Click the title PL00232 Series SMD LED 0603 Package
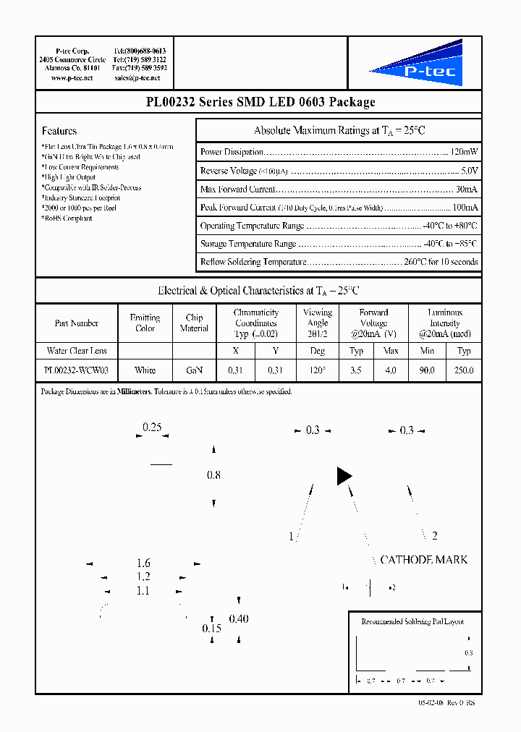click(x=260, y=102)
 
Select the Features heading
click(x=59, y=131)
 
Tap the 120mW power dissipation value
click(x=464, y=153)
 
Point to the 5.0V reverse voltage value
click(x=469, y=171)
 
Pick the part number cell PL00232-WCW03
click(x=76, y=370)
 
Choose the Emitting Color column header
click(x=145, y=323)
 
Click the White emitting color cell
click(x=145, y=370)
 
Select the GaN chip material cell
click(x=194, y=370)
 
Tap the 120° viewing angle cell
click(x=318, y=370)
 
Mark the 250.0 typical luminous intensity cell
click(x=463, y=370)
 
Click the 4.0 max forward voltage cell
click(x=391, y=370)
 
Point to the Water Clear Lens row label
click(x=76, y=351)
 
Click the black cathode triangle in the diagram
click(x=344, y=476)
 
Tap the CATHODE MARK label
click(x=423, y=560)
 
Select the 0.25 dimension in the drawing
click(x=152, y=427)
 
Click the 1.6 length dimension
click(x=143, y=563)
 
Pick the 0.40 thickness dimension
click(x=239, y=619)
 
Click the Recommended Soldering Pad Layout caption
click(x=412, y=621)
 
